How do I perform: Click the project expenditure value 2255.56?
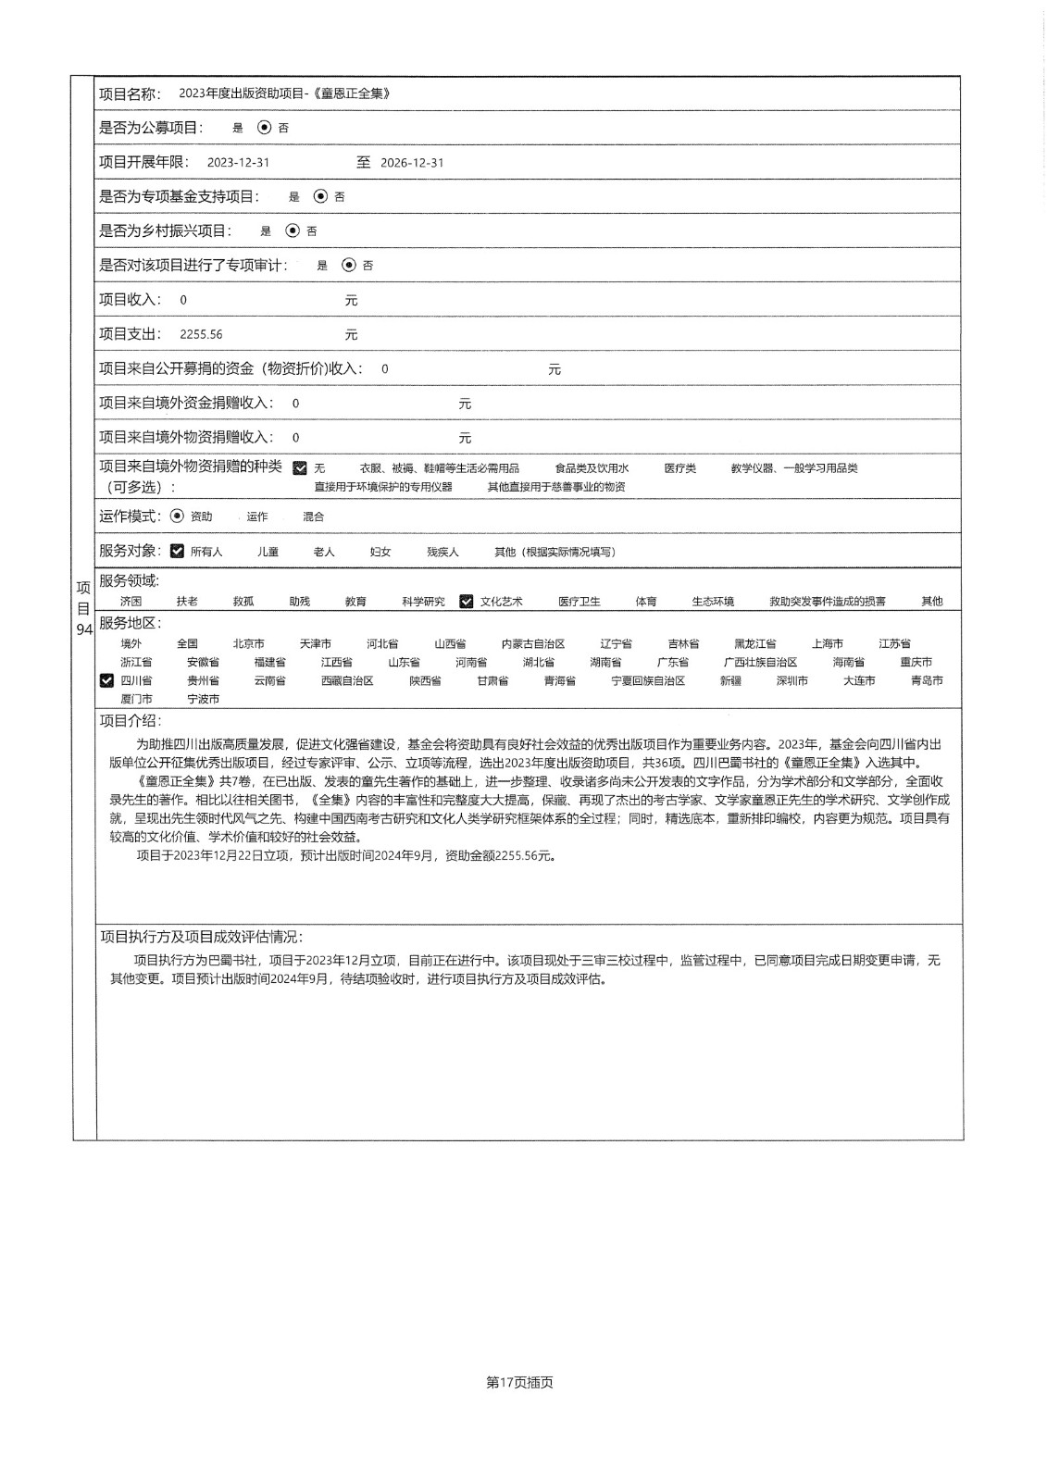pyautogui.click(x=201, y=335)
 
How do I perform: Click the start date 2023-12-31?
pyautogui.click(x=238, y=163)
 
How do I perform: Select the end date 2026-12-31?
pyautogui.click(x=412, y=163)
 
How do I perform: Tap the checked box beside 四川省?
pyautogui.click(x=106, y=681)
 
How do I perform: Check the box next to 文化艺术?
pyautogui.click(x=467, y=602)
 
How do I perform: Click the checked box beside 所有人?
pyautogui.click(x=178, y=552)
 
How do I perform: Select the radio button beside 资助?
pyautogui.click(x=178, y=516)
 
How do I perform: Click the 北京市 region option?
pyautogui.click(x=249, y=644)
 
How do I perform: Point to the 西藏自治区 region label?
pyautogui.click(x=347, y=681)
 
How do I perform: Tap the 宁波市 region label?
pyautogui.click(x=204, y=700)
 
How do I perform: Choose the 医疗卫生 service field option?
pyautogui.click(x=580, y=602)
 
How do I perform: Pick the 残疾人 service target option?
pyautogui.click(x=442, y=553)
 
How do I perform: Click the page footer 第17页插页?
pyautogui.click(x=519, y=1383)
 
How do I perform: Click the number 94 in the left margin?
pyautogui.click(x=83, y=629)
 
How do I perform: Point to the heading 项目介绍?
pyautogui.click(x=130, y=721)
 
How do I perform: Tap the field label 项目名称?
pyautogui.click(x=130, y=93)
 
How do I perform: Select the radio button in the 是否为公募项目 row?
pyautogui.click(x=265, y=128)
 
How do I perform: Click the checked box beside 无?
pyautogui.click(x=300, y=468)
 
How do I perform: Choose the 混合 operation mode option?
pyautogui.click(x=313, y=517)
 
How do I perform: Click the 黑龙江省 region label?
pyautogui.click(x=755, y=644)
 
